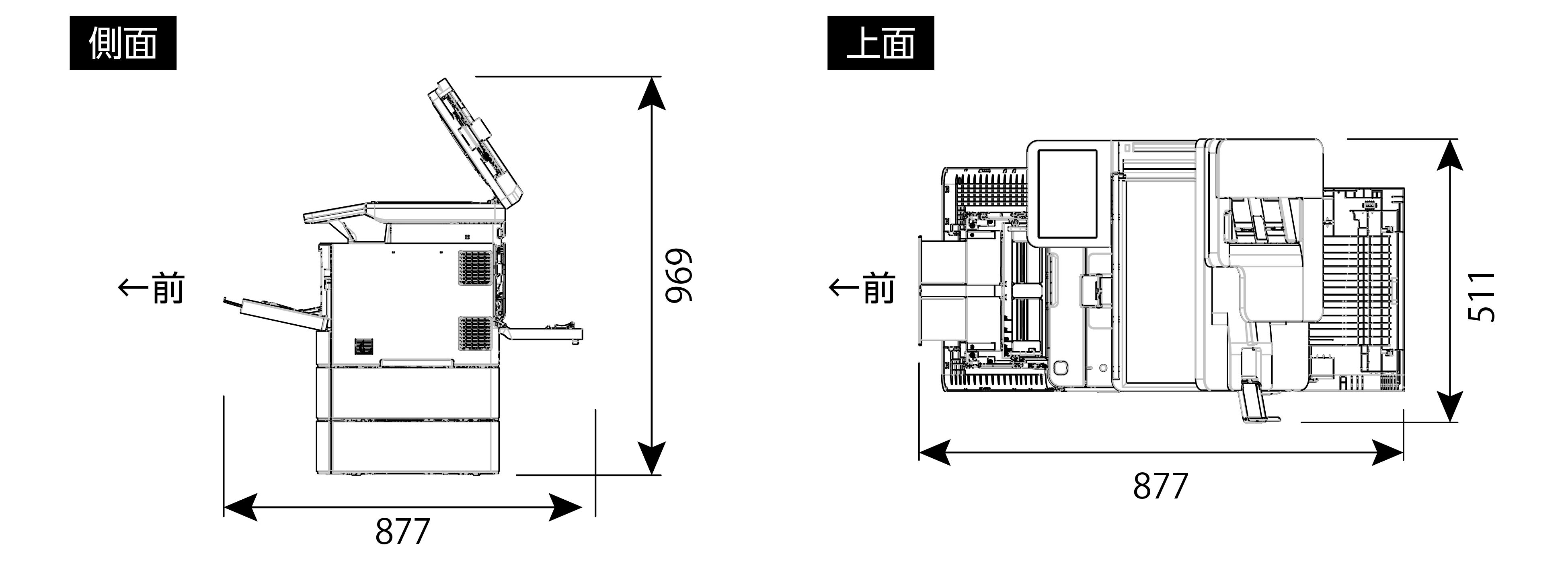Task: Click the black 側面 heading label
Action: point(123,43)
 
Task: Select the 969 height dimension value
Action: point(678,275)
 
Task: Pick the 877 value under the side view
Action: point(402,531)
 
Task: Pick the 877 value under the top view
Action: point(1160,486)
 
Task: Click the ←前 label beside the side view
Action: point(151,288)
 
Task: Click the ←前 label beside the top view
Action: point(862,288)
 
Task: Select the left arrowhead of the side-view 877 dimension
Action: point(240,507)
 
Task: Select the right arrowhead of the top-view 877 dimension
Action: point(1388,453)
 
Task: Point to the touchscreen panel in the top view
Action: point(1067,194)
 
